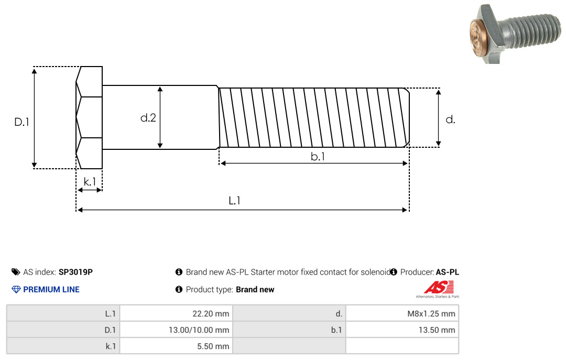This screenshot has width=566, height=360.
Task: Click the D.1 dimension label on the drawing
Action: tap(21, 122)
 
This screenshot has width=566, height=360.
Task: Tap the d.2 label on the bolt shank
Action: tap(148, 118)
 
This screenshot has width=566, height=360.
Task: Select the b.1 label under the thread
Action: tap(318, 156)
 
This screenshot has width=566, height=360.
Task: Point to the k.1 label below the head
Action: tap(90, 182)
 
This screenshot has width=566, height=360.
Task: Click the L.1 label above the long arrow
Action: tap(235, 200)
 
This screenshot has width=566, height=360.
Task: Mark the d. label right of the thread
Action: tap(450, 119)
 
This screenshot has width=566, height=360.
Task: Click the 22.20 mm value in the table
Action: tap(211, 313)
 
